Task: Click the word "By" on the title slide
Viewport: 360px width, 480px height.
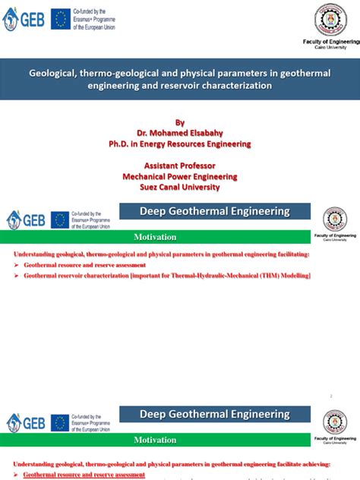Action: click(180, 122)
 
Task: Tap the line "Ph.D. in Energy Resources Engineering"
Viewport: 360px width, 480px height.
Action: click(180, 144)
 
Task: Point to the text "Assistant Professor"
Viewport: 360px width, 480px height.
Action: click(180, 166)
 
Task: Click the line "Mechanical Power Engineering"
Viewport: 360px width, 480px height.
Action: click(180, 176)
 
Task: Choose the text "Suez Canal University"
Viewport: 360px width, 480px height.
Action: click(180, 188)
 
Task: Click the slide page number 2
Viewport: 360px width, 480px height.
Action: click(331, 396)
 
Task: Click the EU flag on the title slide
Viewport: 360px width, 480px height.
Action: click(61, 20)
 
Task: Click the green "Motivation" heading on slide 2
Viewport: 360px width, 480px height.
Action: click(155, 237)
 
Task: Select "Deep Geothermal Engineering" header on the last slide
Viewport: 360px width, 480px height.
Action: click(215, 415)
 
